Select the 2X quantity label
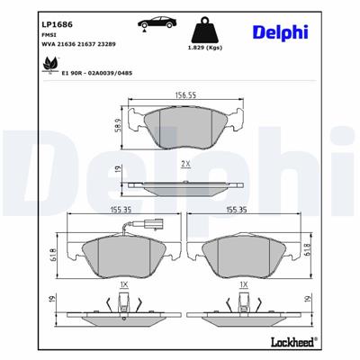pos(185,165)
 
